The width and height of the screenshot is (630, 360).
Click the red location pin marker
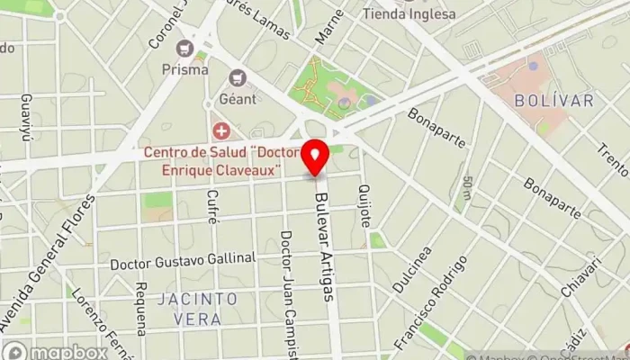click(315, 157)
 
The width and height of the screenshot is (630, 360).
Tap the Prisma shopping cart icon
click(186, 48)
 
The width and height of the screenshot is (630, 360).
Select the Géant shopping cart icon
click(238, 79)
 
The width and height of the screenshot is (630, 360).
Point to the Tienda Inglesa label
click(409, 13)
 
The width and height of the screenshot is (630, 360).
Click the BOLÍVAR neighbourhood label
click(555, 102)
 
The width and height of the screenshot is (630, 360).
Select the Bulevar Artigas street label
click(323, 253)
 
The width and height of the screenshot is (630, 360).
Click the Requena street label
click(140, 307)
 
